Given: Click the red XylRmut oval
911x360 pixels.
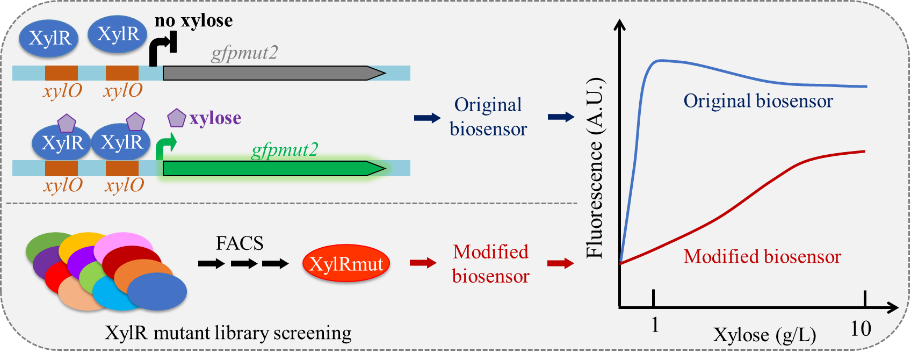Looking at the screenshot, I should (x=346, y=264).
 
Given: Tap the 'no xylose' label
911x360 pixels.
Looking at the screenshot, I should (x=194, y=21).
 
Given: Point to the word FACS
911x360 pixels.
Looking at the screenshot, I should (x=240, y=243).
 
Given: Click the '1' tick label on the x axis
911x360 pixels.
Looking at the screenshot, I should (x=655, y=325).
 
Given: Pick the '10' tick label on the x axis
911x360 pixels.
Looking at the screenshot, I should (x=861, y=328).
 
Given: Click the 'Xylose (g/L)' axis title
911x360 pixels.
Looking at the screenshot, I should (x=764, y=335).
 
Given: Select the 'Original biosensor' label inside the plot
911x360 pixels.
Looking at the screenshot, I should (x=758, y=101).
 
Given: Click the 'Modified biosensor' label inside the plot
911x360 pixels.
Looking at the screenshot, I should (x=762, y=257).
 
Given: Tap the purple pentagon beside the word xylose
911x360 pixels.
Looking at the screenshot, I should (x=177, y=118).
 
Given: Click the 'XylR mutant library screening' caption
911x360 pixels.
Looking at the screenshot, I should (x=228, y=333).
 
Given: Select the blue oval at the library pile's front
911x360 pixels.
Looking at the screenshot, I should (x=157, y=292).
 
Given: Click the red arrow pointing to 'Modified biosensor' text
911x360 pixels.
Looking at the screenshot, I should (x=423, y=263).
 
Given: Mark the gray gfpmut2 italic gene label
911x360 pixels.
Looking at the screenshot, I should (x=244, y=53).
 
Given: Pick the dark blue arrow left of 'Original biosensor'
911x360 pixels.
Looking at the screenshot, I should (x=427, y=118).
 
